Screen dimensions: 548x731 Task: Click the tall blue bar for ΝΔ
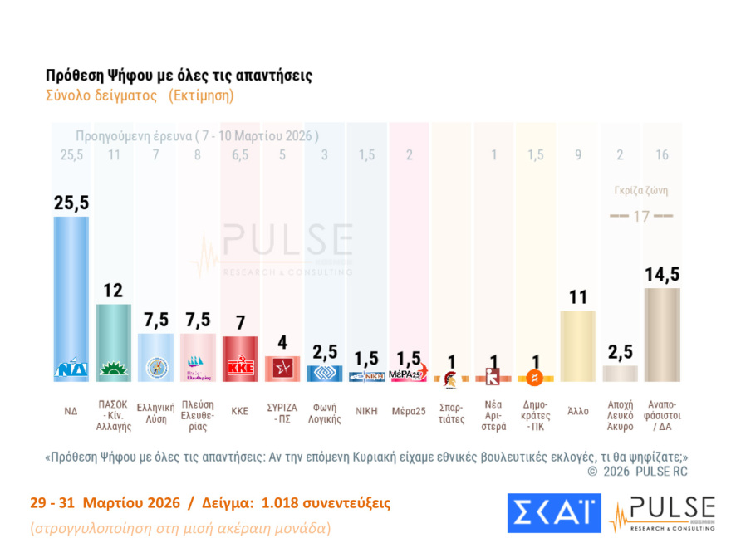71,291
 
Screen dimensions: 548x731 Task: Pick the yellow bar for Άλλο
578,345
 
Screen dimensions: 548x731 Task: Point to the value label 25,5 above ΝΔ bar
71,202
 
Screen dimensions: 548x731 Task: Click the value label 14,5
662,273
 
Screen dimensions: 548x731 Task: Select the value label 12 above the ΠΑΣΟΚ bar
114,291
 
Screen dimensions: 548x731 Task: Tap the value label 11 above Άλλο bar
578,296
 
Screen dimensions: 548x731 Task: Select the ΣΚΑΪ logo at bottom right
553,512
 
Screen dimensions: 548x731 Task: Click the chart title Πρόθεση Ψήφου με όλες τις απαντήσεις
179,76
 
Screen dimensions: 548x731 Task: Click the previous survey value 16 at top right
662,154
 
